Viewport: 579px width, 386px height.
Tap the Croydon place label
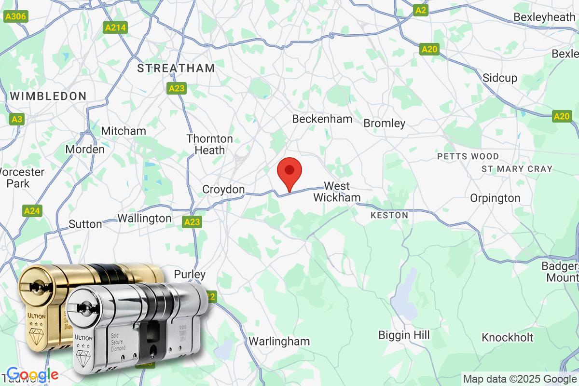pos(223,190)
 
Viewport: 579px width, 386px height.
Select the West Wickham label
pos(337,192)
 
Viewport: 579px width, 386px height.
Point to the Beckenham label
pos(322,119)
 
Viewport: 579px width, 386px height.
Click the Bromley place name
pos(384,124)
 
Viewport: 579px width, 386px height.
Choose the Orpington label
pos(495,198)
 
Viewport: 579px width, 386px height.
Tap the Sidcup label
pos(500,78)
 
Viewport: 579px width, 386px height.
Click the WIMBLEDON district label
pos(48,96)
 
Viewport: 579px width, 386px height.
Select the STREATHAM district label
pos(176,68)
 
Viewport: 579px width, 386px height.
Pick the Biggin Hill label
pos(404,335)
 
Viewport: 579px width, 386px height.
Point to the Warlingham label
pos(279,341)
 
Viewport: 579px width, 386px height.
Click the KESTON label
pos(389,215)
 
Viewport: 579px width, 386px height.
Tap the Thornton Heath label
pos(210,144)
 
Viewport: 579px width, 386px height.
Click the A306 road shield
pos(16,17)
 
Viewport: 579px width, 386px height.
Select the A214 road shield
pos(116,28)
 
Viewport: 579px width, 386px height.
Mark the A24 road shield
pos(32,211)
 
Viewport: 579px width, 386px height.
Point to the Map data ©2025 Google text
pos(520,379)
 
